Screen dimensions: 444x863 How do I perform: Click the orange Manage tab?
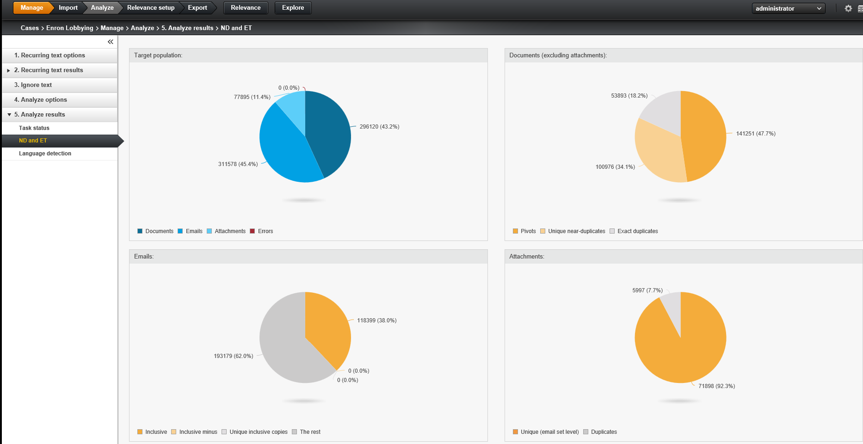click(x=31, y=8)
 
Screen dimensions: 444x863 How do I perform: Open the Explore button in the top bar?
click(x=293, y=8)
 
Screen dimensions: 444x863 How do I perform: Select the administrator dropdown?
click(x=788, y=8)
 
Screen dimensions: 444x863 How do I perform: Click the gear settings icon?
click(x=848, y=8)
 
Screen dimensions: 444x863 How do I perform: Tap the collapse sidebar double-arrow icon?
click(x=111, y=42)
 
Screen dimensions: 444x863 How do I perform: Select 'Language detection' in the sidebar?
click(x=45, y=154)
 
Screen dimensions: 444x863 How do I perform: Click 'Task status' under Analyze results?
click(x=34, y=128)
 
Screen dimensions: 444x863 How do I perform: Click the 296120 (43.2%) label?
click(x=379, y=127)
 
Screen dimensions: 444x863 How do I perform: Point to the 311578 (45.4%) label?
click(x=238, y=164)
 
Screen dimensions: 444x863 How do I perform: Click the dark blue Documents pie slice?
click(x=328, y=129)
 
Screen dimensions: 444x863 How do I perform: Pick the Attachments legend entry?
click(x=229, y=231)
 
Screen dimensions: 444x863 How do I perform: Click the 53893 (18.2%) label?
click(x=629, y=96)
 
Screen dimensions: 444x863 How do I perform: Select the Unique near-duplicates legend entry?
click(x=576, y=231)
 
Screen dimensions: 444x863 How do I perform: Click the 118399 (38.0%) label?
click(x=376, y=321)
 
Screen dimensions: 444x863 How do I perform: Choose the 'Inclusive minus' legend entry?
click(x=197, y=432)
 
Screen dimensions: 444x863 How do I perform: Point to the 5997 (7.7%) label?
click(x=647, y=290)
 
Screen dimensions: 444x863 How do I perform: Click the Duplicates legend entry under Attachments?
click(x=604, y=432)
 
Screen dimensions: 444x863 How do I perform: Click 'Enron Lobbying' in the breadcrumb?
click(x=69, y=28)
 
